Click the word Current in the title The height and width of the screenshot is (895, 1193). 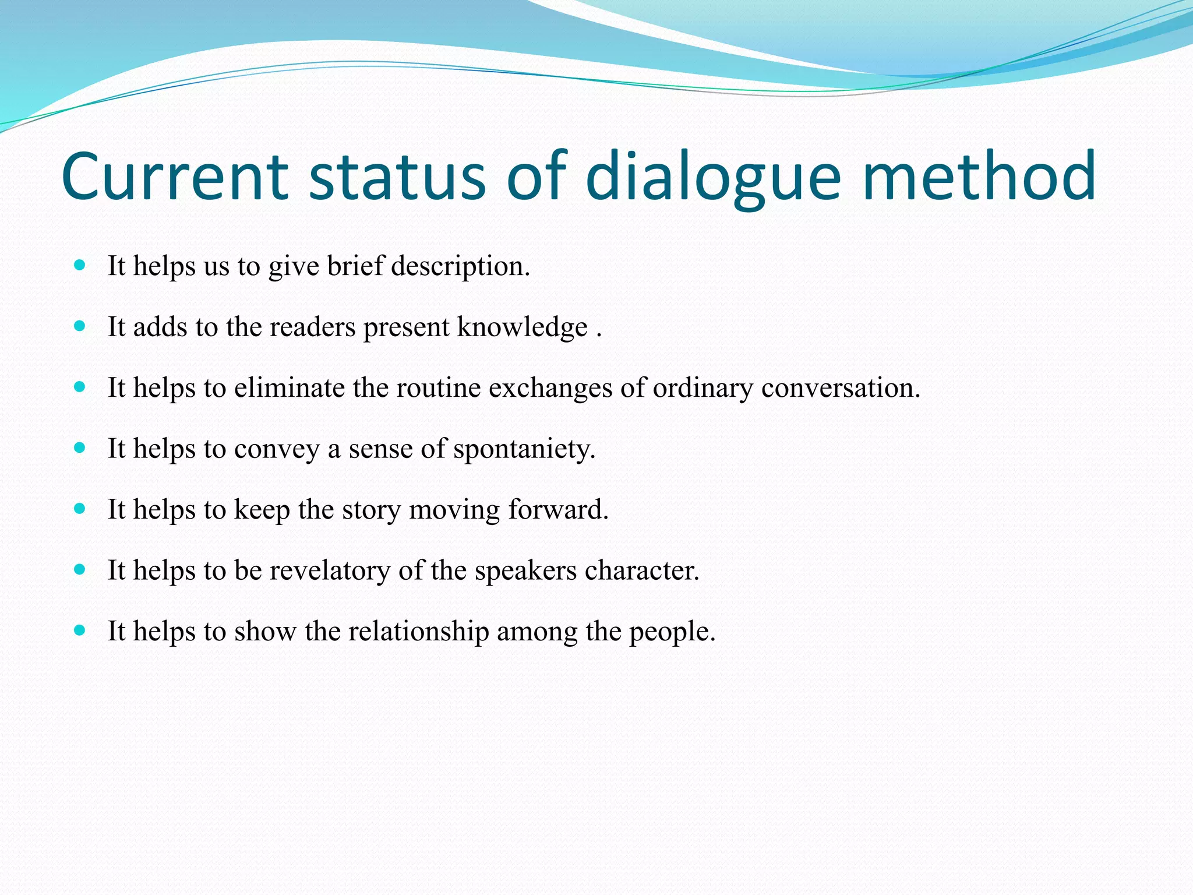pos(175,176)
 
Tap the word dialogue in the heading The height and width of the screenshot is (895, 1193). pos(713,176)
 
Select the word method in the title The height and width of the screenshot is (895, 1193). pos(979,176)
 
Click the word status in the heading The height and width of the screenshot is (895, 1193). pos(397,176)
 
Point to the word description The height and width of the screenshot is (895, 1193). pos(460,267)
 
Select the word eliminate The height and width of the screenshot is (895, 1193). pos(290,388)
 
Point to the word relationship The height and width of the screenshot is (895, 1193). pos(419,632)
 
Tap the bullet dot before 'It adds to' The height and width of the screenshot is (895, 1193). pos(80,326)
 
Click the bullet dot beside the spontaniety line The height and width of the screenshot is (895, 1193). pos(80,448)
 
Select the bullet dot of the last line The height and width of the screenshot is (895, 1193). pos(80,630)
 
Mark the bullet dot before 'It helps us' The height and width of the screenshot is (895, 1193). pos(80,266)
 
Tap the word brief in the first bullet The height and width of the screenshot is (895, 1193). pos(355,267)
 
